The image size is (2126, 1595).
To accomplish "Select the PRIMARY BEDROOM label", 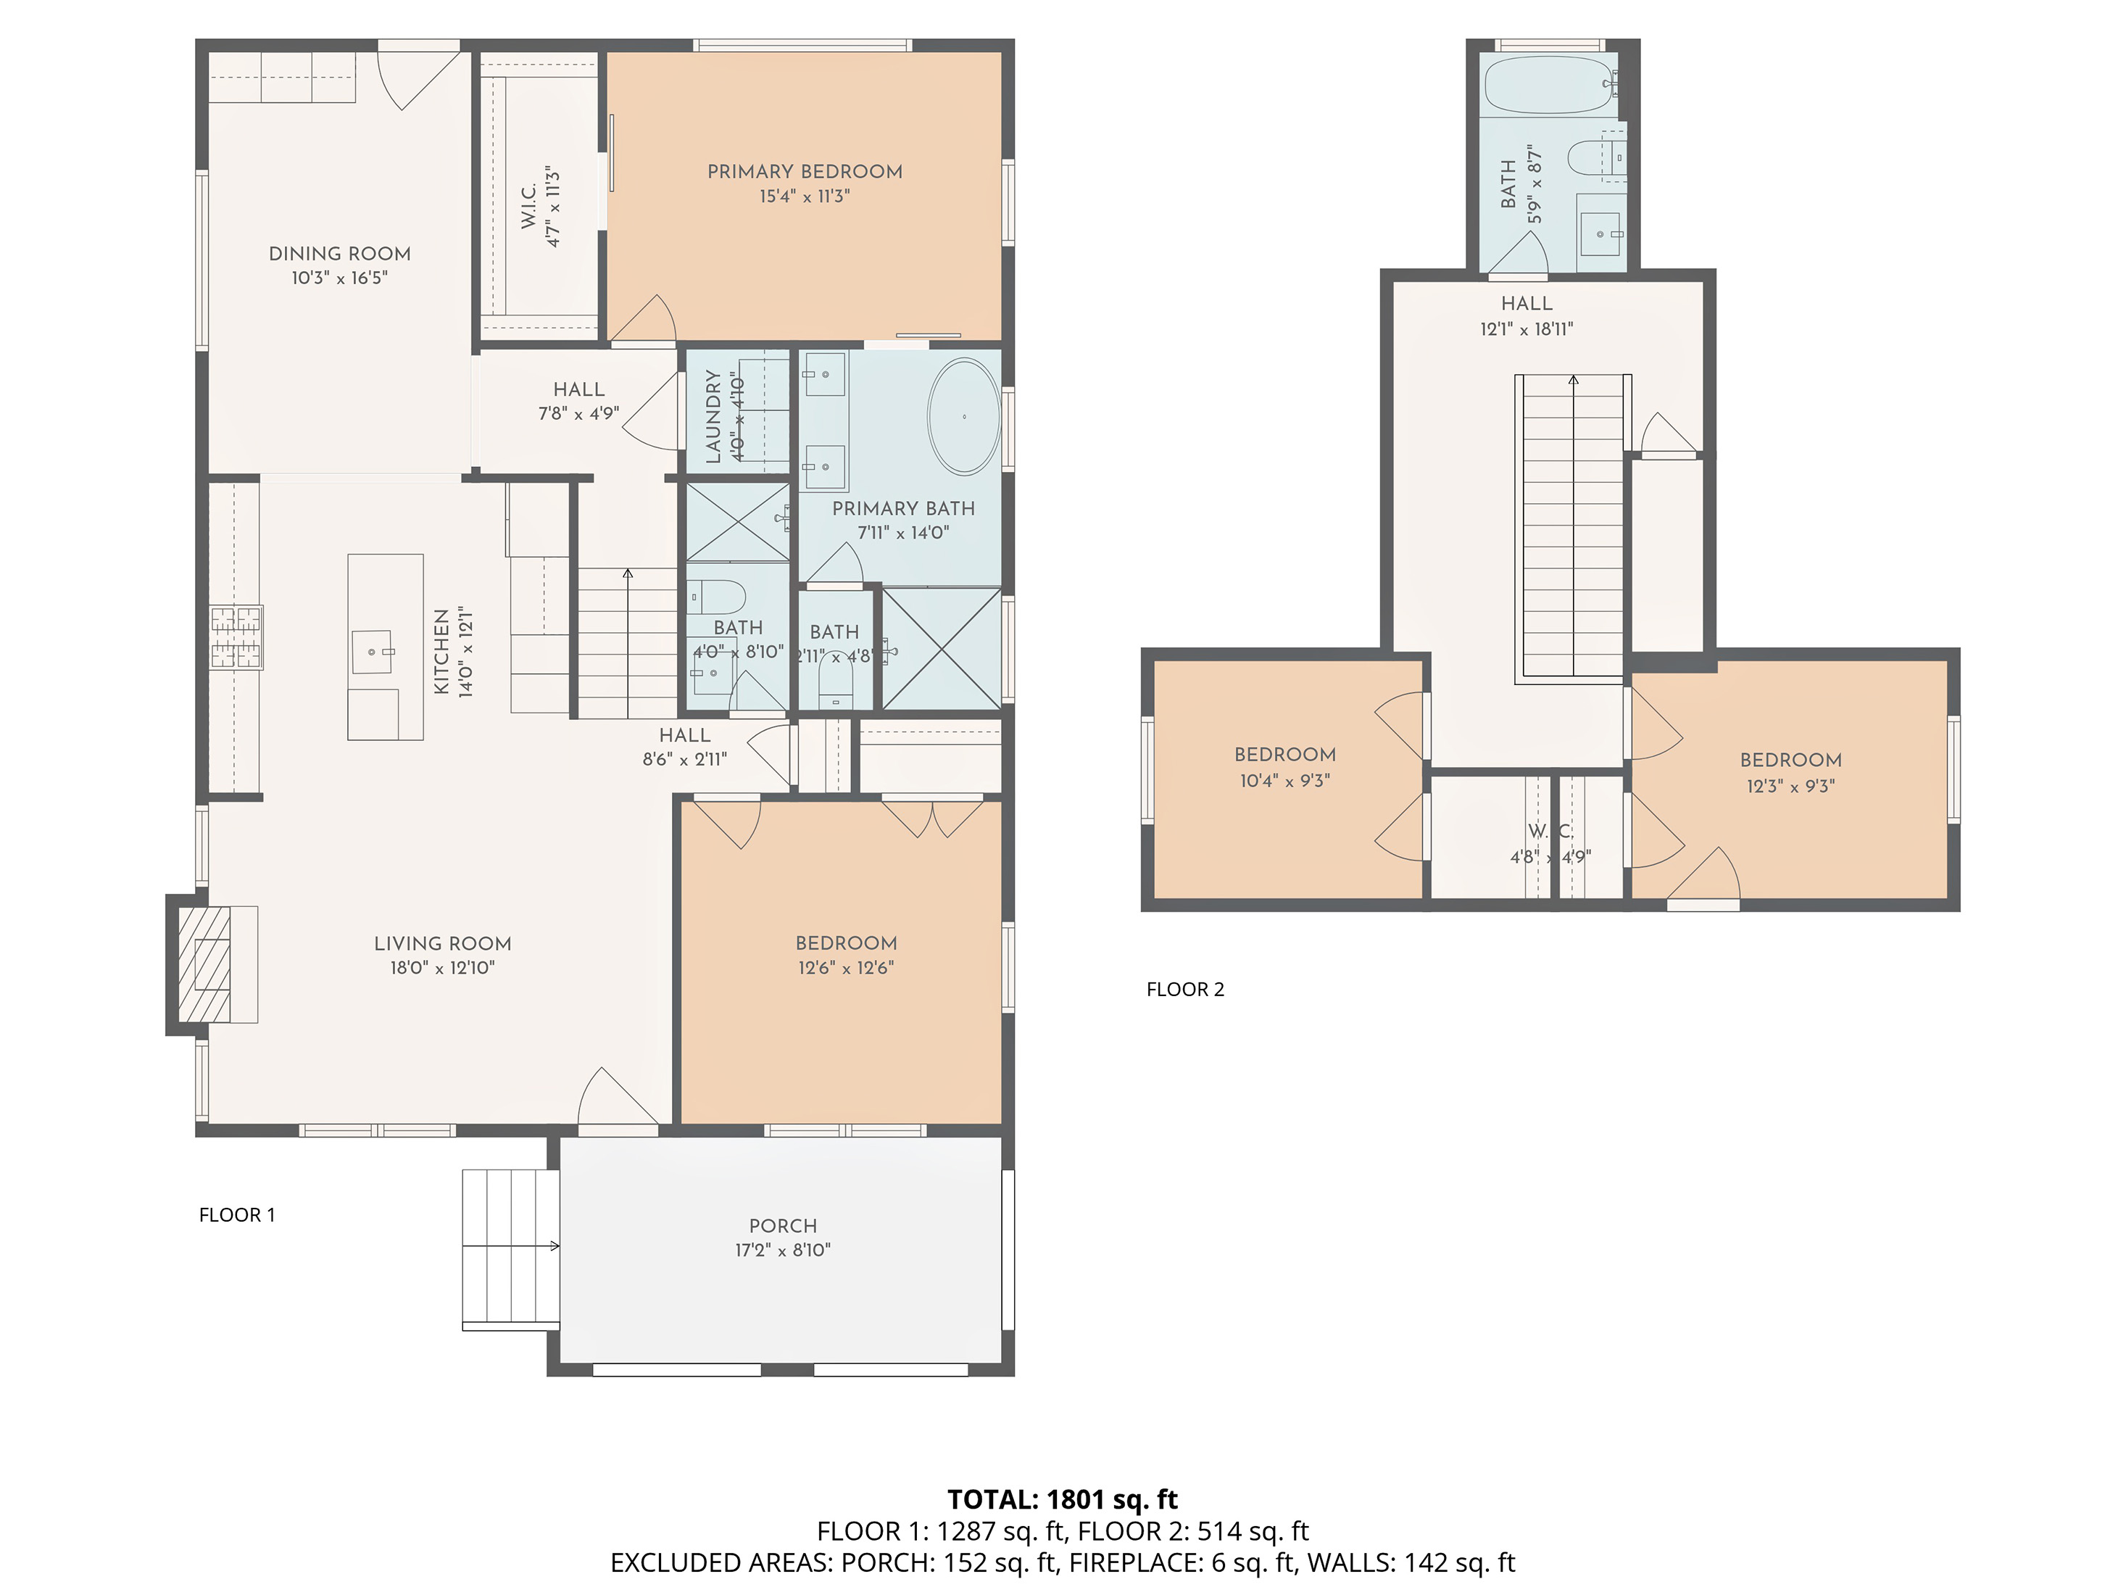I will click(805, 172).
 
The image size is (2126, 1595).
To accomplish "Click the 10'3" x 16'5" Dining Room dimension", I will click(339, 278).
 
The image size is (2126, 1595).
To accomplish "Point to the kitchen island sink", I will click(372, 651).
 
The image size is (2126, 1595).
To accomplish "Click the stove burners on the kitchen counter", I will click(236, 637).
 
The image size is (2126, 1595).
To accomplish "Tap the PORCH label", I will click(782, 1226).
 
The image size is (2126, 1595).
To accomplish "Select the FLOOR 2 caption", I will click(1184, 990).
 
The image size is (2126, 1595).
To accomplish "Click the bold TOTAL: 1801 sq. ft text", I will click(1062, 1500).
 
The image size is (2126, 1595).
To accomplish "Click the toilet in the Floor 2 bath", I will click(1590, 157).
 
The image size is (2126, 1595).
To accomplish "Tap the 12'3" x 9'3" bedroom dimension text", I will click(1790, 785).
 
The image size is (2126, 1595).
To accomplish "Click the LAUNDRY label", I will click(713, 416).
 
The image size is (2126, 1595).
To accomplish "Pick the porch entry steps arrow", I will click(552, 1246).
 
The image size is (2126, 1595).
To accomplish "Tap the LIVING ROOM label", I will click(442, 944).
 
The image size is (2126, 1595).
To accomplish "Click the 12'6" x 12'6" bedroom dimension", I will click(846, 968).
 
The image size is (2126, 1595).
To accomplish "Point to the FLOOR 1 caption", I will click(236, 1215).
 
